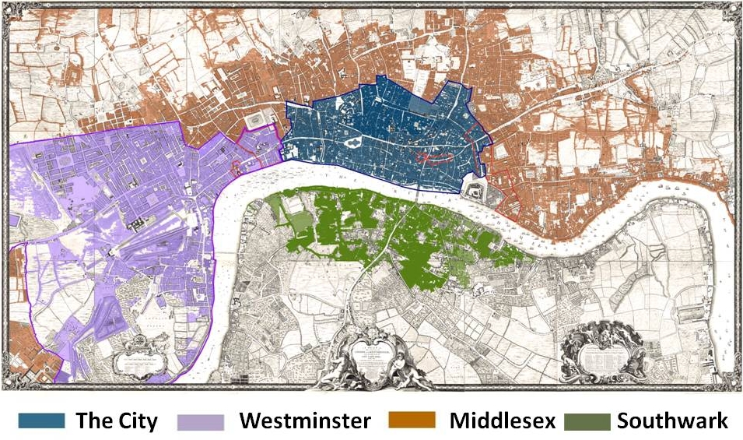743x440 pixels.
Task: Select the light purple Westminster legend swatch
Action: [200, 421]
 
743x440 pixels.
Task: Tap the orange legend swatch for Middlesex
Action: [417, 421]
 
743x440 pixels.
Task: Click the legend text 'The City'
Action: [116, 421]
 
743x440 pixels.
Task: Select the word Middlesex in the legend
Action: [502, 421]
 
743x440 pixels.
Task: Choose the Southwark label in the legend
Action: [672, 421]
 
